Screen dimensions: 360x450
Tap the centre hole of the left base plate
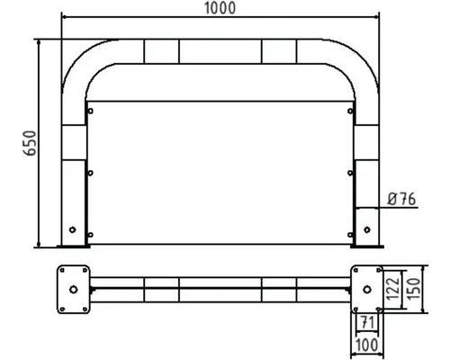pos(72,288)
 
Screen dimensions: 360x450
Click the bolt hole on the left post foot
pos(74,227)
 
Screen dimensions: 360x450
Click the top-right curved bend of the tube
pos(355,63)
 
